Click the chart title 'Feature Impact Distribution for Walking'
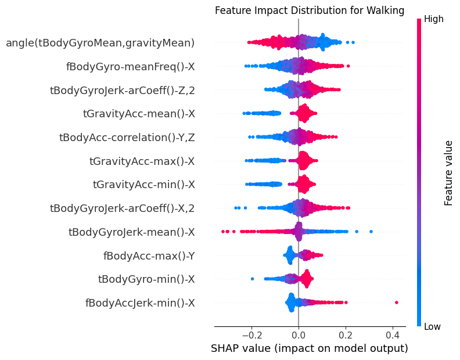(310, 10)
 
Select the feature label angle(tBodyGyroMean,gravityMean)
(100, 42)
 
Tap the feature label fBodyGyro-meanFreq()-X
(131, 66)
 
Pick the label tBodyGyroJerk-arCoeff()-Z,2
(123, 90)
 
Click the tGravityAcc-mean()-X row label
(139, 114)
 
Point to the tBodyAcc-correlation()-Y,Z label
(127, 137)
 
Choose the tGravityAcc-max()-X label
(142, 161)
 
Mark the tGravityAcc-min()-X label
(143, 185)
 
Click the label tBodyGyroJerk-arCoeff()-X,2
(123, 208)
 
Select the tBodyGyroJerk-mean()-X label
(132, 232)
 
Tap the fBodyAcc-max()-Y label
(149, 255)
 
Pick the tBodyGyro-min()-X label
(146, 279)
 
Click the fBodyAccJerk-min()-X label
(140, 303)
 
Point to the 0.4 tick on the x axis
(392, 335)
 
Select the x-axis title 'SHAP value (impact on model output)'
(310, 348)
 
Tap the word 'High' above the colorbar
(434, 19)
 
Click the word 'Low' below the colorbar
(433, 327)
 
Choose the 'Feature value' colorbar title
(448, 173)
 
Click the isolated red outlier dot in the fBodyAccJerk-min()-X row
(397, 303)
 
